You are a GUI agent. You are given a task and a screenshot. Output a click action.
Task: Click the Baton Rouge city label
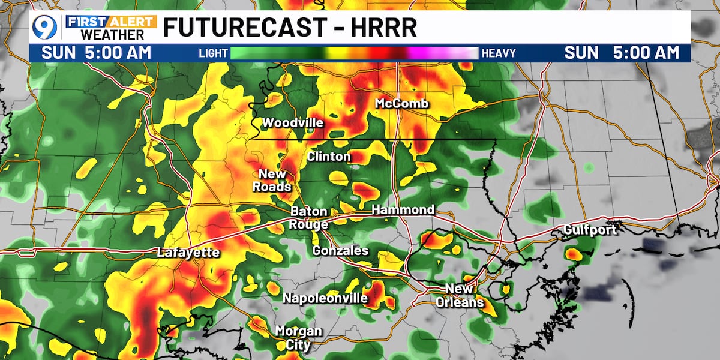(x=309, y=218)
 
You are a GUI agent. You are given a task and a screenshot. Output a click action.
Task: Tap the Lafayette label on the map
(x=188, y=253)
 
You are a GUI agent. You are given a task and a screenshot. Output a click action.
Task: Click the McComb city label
(x=402, y=104)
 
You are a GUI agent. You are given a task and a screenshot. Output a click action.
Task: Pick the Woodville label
(x=293, y=123)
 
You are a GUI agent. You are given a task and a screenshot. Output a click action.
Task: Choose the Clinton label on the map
(x=329, y=157)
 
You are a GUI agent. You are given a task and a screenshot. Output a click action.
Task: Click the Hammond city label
(x=403, y=210)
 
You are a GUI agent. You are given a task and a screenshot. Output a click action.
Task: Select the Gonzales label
(x=340, y=251)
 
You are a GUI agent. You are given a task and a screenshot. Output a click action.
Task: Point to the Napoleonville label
(x=325, y=298)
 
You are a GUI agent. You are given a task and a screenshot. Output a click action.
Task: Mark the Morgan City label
(x=298, y=338)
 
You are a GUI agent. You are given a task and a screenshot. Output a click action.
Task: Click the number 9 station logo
(x=45, y=28)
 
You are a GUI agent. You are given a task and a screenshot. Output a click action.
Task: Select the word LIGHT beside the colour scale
(x=213, y=53)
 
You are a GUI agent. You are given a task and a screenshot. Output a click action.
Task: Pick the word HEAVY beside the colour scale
(x=498, y=53)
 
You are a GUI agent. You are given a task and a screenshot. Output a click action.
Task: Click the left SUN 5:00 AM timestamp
(x=96, y=53)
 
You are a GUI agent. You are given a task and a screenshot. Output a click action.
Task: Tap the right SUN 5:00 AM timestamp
(x=622, y=53)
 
